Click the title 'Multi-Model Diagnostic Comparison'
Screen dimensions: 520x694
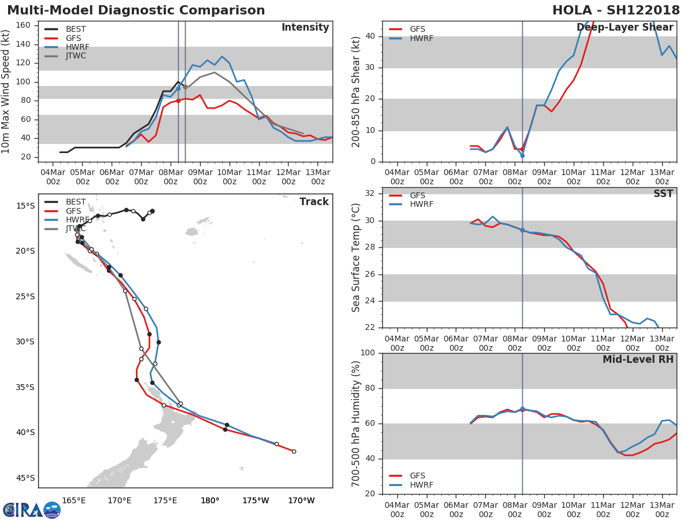point(136,10)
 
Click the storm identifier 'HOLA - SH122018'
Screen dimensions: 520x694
point(616,10)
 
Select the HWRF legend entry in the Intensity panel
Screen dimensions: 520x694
point(77,47)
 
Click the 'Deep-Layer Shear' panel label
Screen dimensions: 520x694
point(625,28)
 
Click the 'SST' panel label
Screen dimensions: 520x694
point(663,194)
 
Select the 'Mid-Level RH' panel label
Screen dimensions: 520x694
point(638,359)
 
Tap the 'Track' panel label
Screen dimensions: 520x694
point(314,202)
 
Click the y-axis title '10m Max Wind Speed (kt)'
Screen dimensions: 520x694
point(6,91)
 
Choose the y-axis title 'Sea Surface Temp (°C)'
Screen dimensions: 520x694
point(356,257)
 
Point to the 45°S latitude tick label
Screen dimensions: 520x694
point(25,478)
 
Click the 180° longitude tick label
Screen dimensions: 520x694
point(210,500)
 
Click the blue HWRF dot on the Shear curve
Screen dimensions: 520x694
point(522,155)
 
